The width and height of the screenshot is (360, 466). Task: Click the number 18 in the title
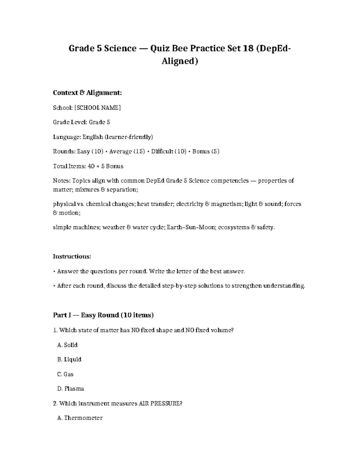click(x=245, y=48)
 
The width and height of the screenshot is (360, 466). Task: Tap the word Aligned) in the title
click(x=180, y=61)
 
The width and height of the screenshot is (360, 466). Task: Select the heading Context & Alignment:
click(x=87, y=93)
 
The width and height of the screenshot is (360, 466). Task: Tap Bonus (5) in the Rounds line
click(x=205, y=152)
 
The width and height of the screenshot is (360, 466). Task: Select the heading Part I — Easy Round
click(x=103, y=315)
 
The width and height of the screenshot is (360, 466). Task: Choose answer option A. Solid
click(x=67, y=345)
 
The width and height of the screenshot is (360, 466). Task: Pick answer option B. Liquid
click(x=69, y=359)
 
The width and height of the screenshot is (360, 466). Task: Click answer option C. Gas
click(x=65, y=374)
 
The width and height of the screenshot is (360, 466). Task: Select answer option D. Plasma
click(x=70, y=389)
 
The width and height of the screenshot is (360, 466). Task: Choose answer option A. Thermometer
click(x=80, y=418)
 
